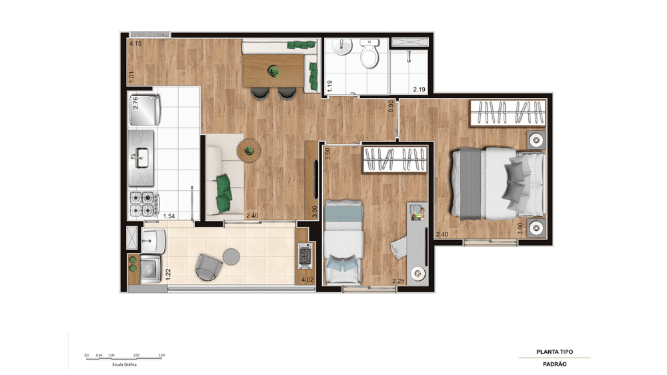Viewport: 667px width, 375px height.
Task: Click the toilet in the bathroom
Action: click(369, 55)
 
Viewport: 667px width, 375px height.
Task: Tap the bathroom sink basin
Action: click(342, 48)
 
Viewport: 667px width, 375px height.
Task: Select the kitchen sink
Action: click(141, 159)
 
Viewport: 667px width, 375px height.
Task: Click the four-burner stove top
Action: click(142, 204)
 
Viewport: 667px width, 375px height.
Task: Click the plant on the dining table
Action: click(272, 69)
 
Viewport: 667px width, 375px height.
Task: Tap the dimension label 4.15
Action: click(135, 43)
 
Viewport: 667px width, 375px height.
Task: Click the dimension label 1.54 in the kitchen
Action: click(169, 216)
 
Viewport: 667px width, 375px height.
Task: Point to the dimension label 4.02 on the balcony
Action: click(307, 280)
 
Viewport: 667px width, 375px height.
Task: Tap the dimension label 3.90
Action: click(315, 210)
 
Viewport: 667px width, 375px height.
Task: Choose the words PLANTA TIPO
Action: click(554, 352)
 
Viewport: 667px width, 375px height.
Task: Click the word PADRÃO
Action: click(554, 364)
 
